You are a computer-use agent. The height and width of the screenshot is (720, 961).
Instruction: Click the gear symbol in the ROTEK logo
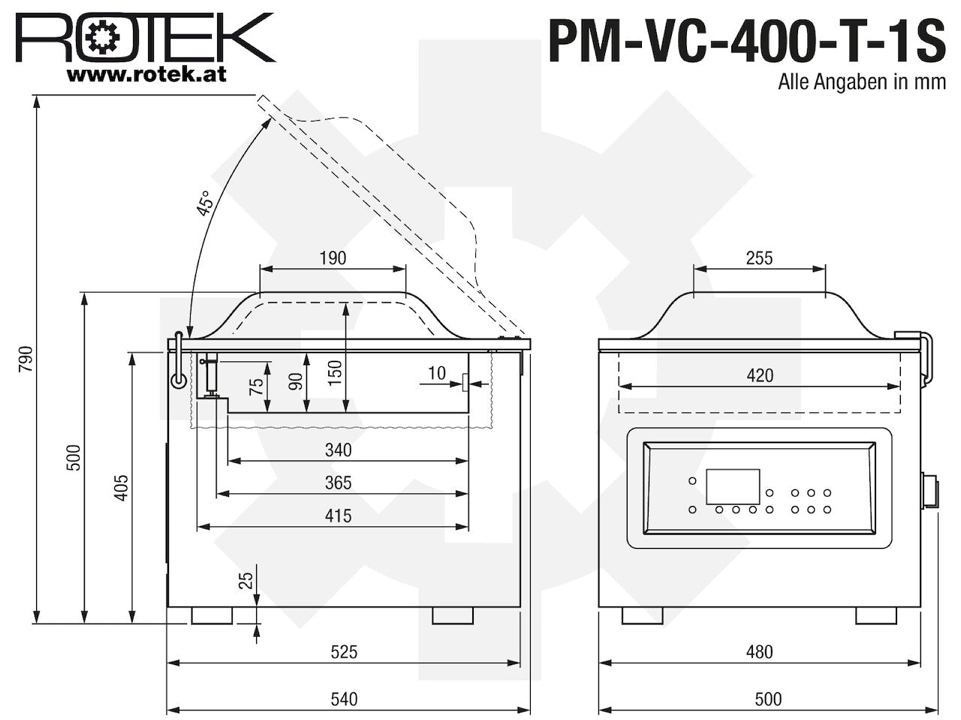[x=104, y=38]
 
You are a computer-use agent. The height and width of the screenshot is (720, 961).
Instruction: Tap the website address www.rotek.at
[x=146, y=75]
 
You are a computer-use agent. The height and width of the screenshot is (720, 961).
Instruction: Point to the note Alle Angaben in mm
[x=862, y=82]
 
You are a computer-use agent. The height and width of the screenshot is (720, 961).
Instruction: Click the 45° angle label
[x=205, y=202]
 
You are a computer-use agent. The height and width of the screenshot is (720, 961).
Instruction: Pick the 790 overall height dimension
[x=26, y=359]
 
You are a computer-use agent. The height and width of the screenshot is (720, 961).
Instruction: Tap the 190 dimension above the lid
[x=333, y=258]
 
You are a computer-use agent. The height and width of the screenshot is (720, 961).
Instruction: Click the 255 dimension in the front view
[x=759, y=258]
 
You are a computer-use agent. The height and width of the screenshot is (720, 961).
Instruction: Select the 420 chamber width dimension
[x=760, y=376]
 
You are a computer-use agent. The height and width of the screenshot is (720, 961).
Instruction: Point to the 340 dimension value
[x=339, y=450]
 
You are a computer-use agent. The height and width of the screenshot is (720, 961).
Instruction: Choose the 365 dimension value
[x=339, y=482]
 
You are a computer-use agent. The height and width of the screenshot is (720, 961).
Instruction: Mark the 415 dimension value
[x=339, y=516]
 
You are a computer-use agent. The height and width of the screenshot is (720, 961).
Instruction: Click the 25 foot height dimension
[x=246, y=581]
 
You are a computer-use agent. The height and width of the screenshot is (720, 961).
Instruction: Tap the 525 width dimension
[x=344, y=652]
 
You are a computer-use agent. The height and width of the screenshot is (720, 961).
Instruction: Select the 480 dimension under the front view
[x=759, y=652]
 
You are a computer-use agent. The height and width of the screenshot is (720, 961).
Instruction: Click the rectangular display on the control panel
[x=733, y=487]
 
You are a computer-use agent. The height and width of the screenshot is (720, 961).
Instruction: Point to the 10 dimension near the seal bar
[x=436, y=373]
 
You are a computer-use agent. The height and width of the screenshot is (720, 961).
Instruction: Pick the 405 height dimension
[x=121, y=487]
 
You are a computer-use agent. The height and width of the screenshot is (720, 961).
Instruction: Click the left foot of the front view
[x=642, y=616]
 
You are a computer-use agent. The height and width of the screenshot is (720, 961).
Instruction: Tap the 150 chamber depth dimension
[x=335, y=373]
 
